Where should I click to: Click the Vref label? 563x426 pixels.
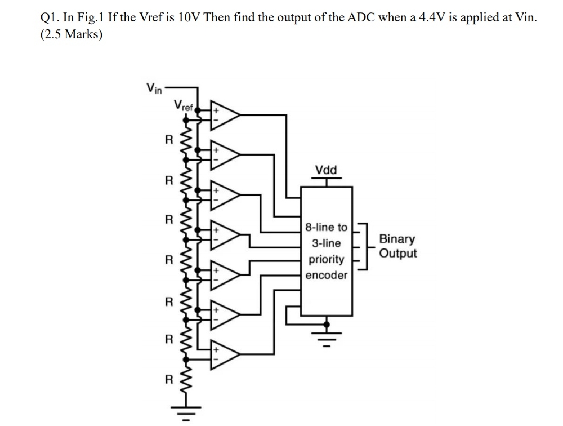184,105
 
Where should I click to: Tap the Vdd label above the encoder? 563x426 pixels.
326,170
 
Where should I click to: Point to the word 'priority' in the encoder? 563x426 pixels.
327,260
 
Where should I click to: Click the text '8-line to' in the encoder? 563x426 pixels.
327,228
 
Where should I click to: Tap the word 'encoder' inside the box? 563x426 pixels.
327,276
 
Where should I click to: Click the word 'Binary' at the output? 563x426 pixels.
397,239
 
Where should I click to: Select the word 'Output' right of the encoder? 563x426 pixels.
398,254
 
